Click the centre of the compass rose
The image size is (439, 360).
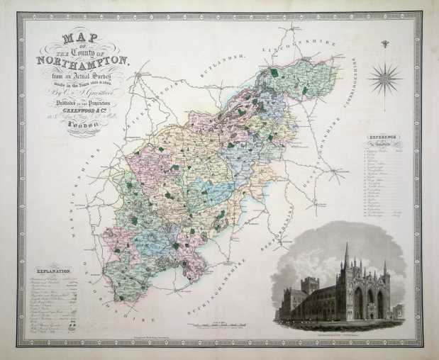pos(386,77)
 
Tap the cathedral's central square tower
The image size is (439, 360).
pos(309,286)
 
